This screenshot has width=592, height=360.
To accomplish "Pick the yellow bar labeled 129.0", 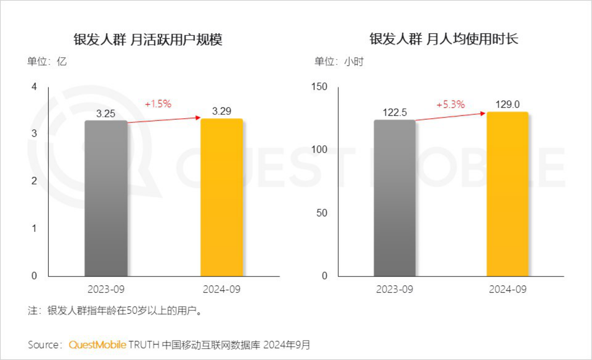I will [507, 194].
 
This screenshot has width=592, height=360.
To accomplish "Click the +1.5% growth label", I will [158, 104].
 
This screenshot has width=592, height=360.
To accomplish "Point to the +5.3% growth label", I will [450, 105].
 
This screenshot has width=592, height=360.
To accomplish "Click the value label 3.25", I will [106, 114].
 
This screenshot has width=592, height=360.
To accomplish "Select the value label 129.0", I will [507, 105].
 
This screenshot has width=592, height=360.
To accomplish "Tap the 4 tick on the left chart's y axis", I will [34, 87].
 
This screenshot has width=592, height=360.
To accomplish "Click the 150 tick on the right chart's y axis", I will [320, 87].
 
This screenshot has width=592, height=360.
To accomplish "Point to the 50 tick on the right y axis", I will [323, 213].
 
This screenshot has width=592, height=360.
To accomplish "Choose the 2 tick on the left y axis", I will [34, 181].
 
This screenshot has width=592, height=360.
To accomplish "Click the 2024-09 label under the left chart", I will [221, 289].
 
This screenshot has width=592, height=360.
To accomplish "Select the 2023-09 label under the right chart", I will [395, 289].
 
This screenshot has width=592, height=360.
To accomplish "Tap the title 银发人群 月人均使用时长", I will [444, 39].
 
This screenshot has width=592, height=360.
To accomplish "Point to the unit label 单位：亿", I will [47, 62].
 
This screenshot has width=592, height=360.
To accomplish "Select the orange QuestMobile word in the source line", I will [98, 345].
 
